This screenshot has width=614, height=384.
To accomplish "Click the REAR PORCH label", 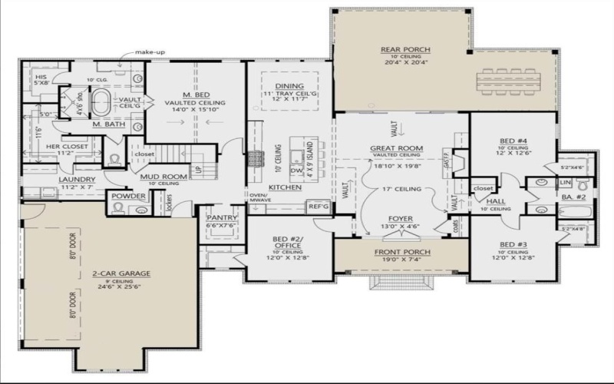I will point(400,50).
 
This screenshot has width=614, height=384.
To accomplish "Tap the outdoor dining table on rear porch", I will point(507,80).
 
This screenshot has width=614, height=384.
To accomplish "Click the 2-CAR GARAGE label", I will point(121,273).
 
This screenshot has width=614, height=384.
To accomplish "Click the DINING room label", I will point(290,86).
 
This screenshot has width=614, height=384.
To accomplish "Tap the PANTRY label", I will point(220,217).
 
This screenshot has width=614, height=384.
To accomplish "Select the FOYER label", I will point(400,217).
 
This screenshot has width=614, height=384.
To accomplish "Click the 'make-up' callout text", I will point(150,52).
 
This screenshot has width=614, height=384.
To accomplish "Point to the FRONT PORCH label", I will point(402,252).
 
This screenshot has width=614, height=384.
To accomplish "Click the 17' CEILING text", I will point(400,188).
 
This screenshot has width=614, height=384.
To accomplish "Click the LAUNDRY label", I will point(76,179).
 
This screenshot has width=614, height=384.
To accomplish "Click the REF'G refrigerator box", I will point(318,206).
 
